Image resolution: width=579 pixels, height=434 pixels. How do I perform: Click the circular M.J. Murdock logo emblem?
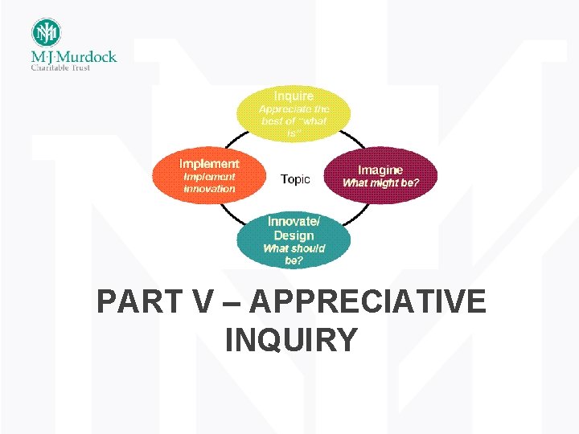tap(46, 33)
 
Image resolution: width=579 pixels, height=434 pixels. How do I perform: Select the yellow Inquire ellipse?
tap(294, 113)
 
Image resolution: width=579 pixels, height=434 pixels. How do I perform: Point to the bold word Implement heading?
tap(209, 162)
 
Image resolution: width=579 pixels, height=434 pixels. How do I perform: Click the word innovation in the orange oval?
tap(209, 189)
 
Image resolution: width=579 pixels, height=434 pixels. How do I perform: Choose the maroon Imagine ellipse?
tap(380, 175)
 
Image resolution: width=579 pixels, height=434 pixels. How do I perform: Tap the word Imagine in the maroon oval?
tap(380, 170)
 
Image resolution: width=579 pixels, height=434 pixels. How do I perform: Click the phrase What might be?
tap(380, 182)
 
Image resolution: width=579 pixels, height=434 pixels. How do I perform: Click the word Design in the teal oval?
tap(294, 235)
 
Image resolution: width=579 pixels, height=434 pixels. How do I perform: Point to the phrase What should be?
tap(294, 254)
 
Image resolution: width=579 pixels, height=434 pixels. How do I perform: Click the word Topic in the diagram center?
tap(295, 179)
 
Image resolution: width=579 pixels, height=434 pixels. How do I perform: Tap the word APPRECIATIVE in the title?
tap(368, 303)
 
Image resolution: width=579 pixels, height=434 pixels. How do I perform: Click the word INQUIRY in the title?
tap(291, 340)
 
